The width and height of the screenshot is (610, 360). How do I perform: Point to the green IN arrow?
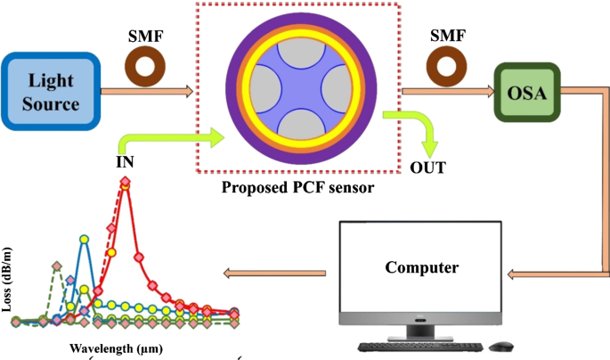pos(169,141)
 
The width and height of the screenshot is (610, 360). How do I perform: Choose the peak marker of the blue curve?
pos(85,239)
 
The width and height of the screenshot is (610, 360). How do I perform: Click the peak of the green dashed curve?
pos(56,266)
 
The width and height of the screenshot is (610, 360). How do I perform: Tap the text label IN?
pos(126,165)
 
